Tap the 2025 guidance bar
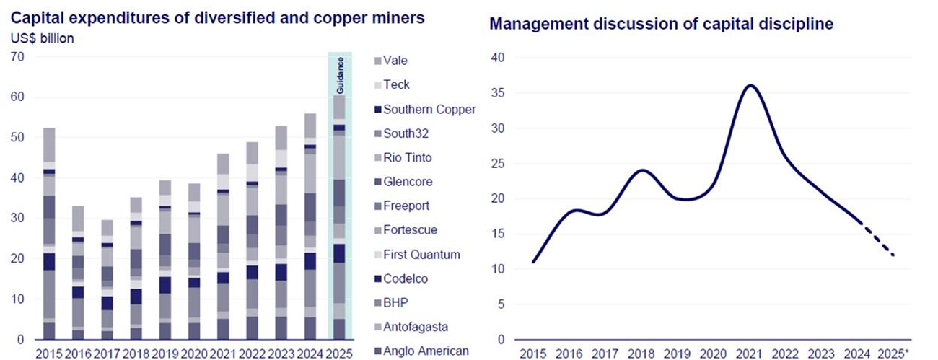[x=338, y=216]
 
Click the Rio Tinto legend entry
[x=408, y=158]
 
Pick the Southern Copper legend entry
[x=429, y=110]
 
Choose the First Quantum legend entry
[x=421, y=255]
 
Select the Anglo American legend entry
[x=426, y=351]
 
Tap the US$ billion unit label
[x=43, y=38]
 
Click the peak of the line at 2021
[x=751, y=86]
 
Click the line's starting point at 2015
[x=533, y=262]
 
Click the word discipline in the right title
[x=797, y=24]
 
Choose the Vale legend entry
[x=395, y=61]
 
